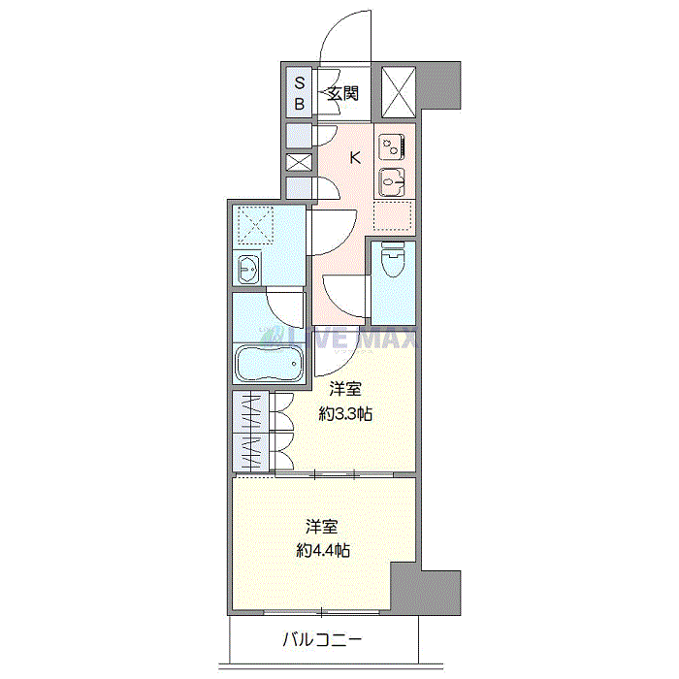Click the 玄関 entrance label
click(342, 93)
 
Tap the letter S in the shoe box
click(300, 82)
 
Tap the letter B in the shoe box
click(300, 104)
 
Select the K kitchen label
click(355, 157)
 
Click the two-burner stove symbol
click(392, 147)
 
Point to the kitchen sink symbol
click(392, 182)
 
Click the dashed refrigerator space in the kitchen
click(392, 215)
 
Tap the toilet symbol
click(392, 259)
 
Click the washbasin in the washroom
click(248, 269)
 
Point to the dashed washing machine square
click(256, 225)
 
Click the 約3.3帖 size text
click(345, 414)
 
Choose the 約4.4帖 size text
click(323, 550)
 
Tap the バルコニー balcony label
click(322, 639)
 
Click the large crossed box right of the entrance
click(399, 92)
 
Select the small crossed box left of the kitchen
click(299, 162)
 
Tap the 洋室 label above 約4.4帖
click(322, 527)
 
